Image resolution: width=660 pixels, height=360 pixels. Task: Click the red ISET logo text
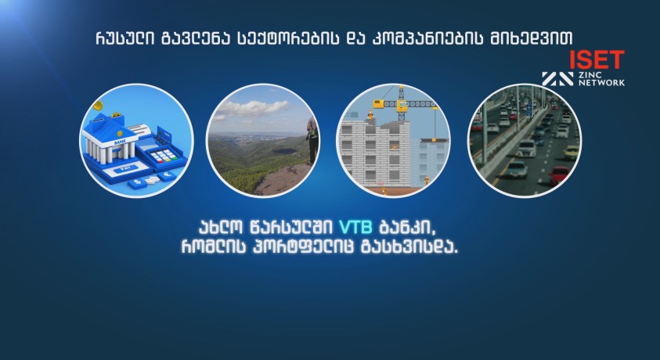tap(597, 59)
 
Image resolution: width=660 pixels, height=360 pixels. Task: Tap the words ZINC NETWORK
tap(601, 78)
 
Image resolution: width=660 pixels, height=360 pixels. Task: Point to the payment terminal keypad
tap(162, 156)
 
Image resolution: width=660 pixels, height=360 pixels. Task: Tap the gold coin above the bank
tap(98, 105)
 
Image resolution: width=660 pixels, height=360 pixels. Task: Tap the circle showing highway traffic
tap(524, 140)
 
